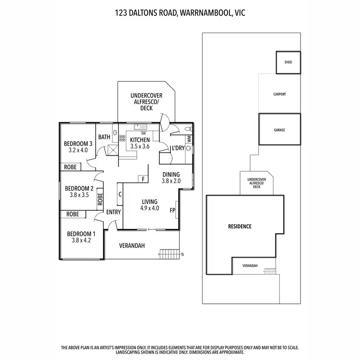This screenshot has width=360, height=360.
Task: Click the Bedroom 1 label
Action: click(x=80, y=234)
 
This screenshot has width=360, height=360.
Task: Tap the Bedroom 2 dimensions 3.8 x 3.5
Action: click(x=79, y=195)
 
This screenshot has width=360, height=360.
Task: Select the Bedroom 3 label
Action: click(x=78, y=144)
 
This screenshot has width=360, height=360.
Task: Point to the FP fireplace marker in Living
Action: click(x=172, y=210)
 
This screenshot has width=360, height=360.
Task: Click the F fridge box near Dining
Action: click(x=143, y=179)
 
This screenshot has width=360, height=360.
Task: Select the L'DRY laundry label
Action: click(x=178, y=148)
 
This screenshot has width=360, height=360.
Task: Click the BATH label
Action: click(x=104, y=137)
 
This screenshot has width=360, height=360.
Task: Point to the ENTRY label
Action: click(x=113, y=212)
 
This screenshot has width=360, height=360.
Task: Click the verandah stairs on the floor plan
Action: click(x=168, y=253)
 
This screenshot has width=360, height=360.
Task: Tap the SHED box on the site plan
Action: click(x=288, y=62)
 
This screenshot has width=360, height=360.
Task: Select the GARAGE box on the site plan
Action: click(x=280, y=130)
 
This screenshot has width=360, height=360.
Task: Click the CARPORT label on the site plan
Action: click(x=279, y=94)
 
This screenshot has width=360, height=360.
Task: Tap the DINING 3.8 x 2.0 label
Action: click(x=171, y=178)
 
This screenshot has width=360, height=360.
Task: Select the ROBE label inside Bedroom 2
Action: click(x=100, y=199)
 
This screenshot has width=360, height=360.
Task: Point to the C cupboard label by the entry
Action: click(x=120, y=194)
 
